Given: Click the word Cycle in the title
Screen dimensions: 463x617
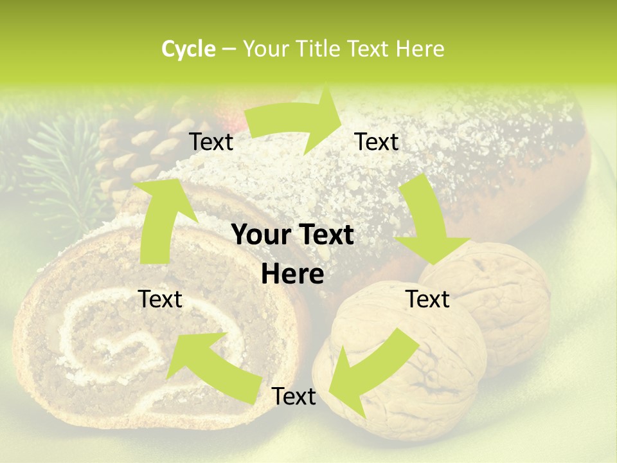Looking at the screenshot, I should pyautogui.click(x=188, y=49).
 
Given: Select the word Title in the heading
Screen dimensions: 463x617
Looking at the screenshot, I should pyautogui.click(x=319, y=49).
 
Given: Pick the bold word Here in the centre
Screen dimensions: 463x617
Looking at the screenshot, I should pyautogui.click(x=292, y=275).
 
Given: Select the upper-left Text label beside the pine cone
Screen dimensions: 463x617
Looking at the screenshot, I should pyautogui.click(x=211, y=142).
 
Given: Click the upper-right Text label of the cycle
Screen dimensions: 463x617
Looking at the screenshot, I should pyautogui.click(x=377, y=142).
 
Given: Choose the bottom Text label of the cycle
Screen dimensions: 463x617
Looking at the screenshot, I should pyautogui.click(x=294, y=397).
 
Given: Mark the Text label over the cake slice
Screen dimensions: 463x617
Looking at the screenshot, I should pyautogui.click(x=160, y=299).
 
